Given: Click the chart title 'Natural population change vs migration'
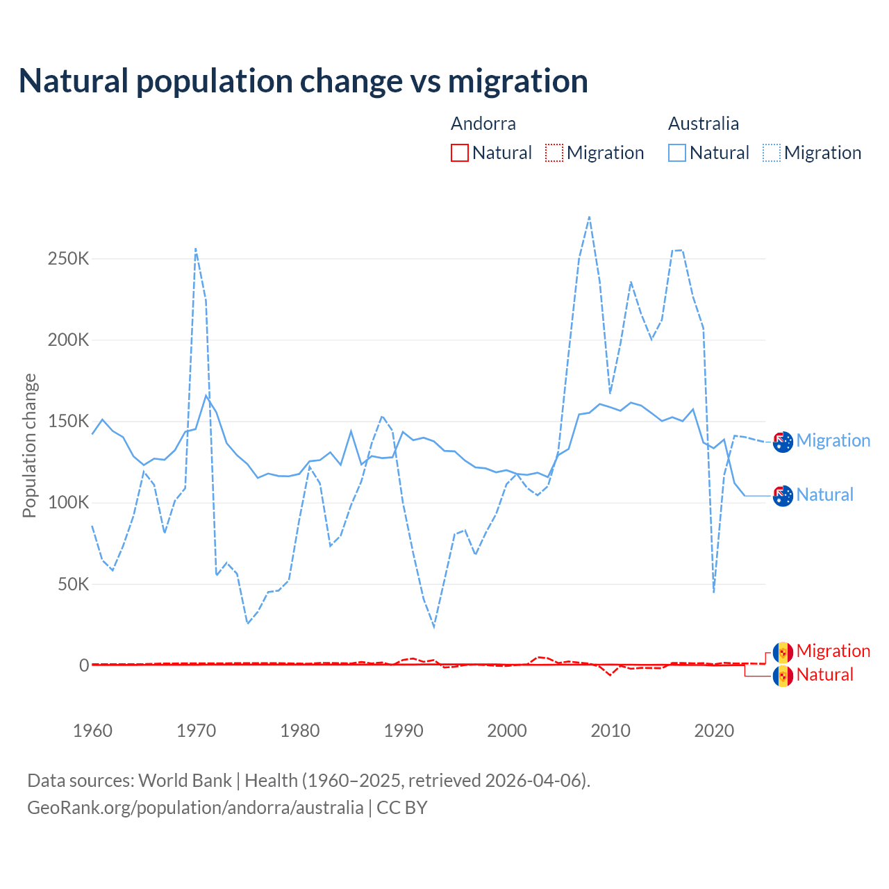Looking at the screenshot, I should point(304,81).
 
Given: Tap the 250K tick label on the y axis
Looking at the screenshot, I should point(69,259).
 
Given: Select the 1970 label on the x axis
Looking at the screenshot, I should point(197,731).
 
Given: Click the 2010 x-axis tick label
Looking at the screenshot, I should point(610,731).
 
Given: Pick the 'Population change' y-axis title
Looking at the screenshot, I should point(29,445).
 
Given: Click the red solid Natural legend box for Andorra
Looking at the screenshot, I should point(460,153).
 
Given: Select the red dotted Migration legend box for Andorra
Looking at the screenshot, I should point(554,153).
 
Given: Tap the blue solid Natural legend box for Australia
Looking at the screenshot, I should point(677,153).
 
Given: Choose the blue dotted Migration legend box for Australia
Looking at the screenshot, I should point(772,153).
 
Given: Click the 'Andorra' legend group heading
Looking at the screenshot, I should point(483,124).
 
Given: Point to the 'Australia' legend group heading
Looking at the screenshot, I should point(704,124).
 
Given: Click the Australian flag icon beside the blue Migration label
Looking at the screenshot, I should point(783,442).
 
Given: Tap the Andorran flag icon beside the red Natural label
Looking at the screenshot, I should point(783,676).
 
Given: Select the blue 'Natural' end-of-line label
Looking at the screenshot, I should point(825,495).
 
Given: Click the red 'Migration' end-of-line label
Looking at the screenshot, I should point(833,651).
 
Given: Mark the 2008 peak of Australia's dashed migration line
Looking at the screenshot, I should point(590,217).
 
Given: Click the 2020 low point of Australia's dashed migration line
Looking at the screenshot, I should point(714,592).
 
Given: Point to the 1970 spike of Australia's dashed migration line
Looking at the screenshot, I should point(196,249).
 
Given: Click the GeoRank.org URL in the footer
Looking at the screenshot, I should point(195,808).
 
